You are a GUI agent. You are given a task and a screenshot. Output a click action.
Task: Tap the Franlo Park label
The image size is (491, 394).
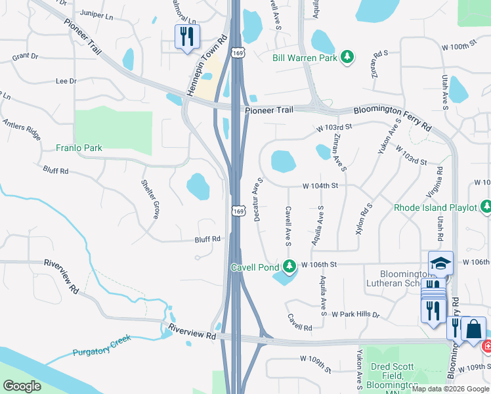click(79, 148)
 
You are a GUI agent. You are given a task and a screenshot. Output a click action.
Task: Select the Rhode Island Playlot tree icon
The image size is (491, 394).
click(486, 208)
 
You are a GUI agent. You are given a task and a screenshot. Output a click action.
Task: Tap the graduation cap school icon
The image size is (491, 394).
click(440, 263)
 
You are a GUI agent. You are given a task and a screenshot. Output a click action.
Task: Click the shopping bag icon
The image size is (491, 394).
click(473, 328)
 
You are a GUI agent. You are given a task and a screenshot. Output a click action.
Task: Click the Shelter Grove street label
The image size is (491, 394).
click(150, 200)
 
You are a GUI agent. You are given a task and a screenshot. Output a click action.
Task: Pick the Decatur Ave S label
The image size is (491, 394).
click(259, 198)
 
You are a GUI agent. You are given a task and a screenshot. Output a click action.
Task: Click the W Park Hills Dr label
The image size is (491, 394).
click(356, 315)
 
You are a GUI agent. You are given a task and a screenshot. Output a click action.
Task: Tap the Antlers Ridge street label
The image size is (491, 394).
click(22, 127)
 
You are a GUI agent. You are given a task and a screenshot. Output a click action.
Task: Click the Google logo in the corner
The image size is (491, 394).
click(22, 386)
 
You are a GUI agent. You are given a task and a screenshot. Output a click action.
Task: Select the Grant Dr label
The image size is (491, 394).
click(25, 56)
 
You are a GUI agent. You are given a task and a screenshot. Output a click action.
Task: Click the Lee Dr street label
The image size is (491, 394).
click(66, 81)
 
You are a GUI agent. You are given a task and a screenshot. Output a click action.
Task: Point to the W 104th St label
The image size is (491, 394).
click(320, 186)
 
